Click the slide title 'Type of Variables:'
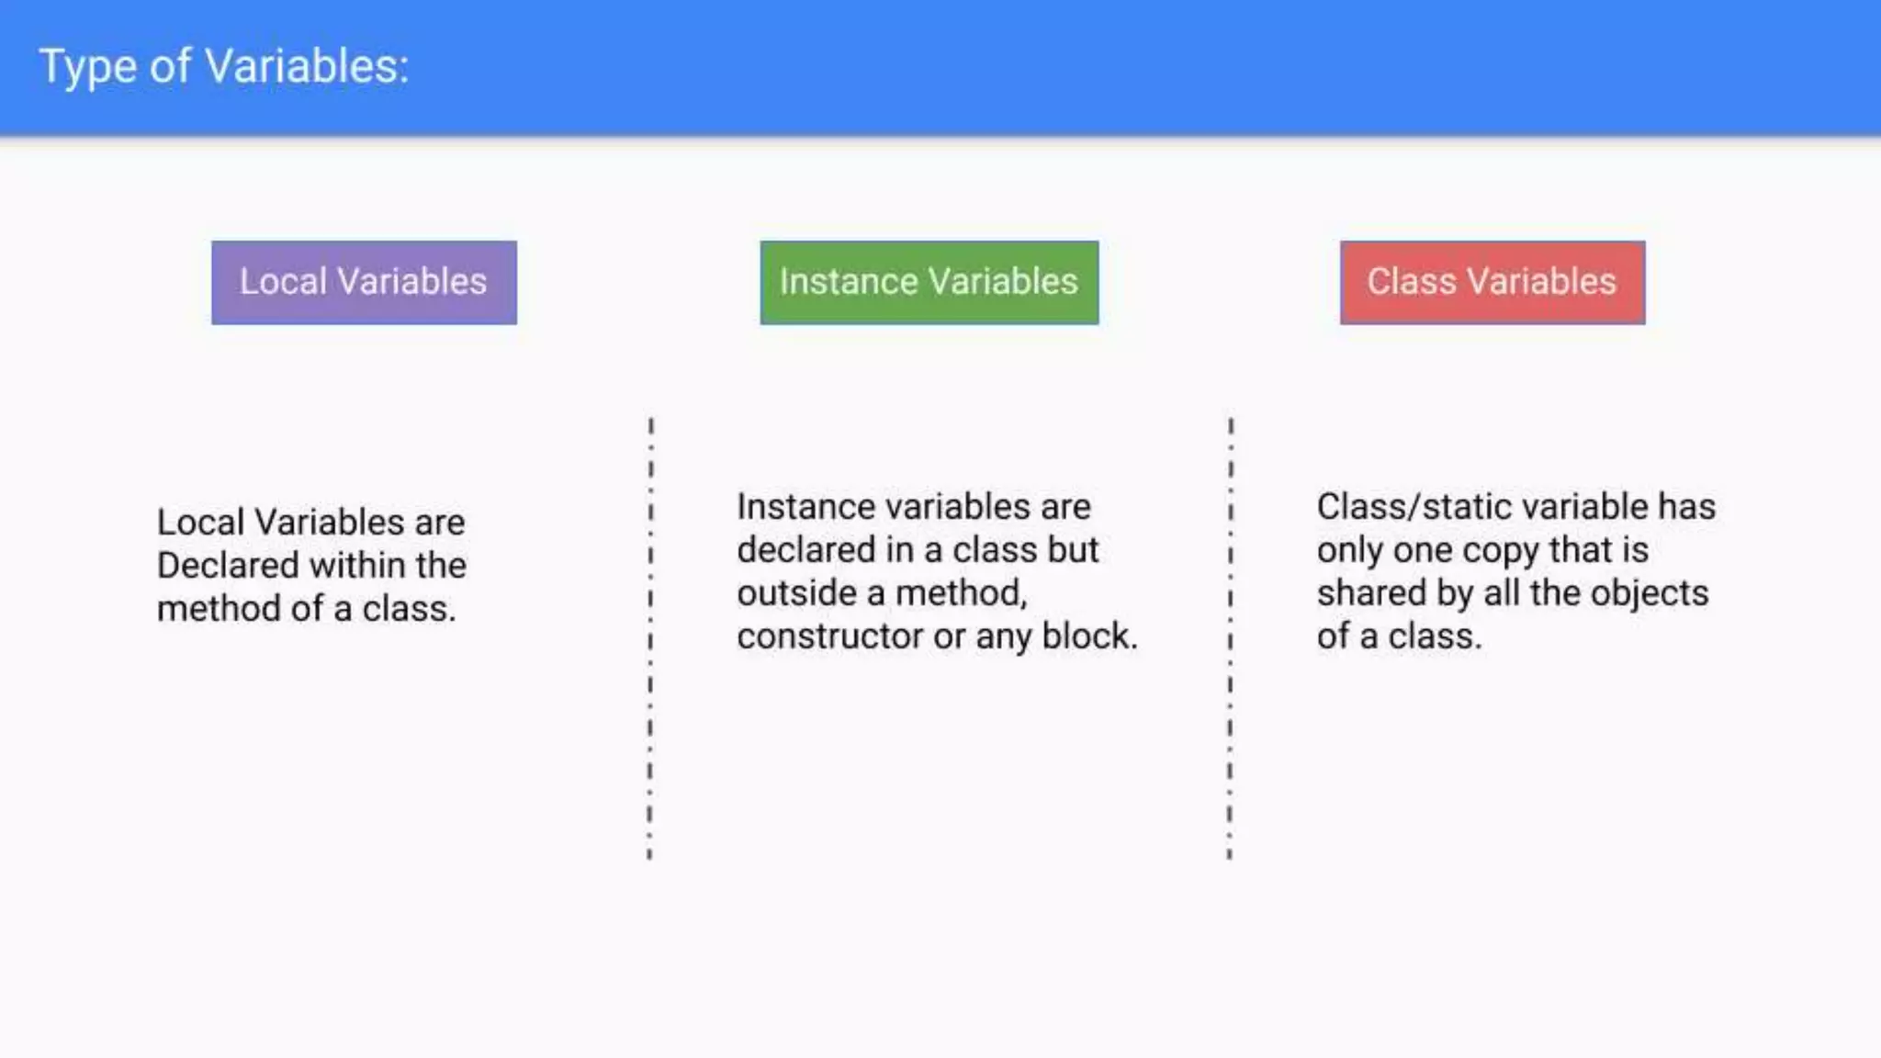pos(224,67)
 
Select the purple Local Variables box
pos(364,282)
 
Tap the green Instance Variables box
pos(929,282)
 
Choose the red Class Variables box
pos(1492,282)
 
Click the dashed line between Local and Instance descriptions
pos(650,638)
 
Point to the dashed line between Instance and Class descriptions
pos(1230,638)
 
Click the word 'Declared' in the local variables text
pos(229,566)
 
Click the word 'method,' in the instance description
pos(962,593)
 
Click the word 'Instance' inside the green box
pos(835,282)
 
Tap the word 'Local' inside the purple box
pos(283,282)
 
